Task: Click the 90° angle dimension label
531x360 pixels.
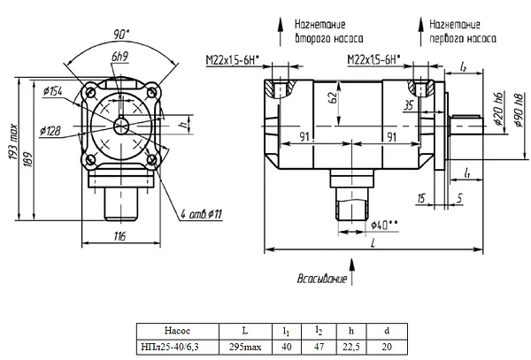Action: click(121, 34)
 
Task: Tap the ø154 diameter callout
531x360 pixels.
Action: click(53, 91)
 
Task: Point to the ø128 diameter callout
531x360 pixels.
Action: click(50, 130)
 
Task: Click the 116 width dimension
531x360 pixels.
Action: click(119, 236)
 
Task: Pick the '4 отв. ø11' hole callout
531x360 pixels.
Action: click(201, 214)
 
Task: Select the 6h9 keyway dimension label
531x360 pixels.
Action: click(119, 57)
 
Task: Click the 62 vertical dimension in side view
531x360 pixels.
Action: click(334, 97)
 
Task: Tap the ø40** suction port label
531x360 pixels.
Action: click(384, 225)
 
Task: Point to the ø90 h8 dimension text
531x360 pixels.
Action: click(518, 110)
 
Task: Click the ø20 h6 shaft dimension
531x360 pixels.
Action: click(499, 109)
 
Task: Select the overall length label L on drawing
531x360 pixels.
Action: click(373, 243)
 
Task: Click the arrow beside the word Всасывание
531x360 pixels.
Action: click(352, 272)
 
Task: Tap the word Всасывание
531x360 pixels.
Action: click(322, 279)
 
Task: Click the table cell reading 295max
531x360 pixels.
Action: click(245, 347)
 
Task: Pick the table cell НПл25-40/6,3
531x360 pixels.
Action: click(178, 347)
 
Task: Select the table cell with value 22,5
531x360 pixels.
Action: click(351, 347)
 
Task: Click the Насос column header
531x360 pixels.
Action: click(178, 330)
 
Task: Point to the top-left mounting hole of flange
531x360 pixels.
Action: click(90, 92)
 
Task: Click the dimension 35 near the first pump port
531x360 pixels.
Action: click(409, 105)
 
